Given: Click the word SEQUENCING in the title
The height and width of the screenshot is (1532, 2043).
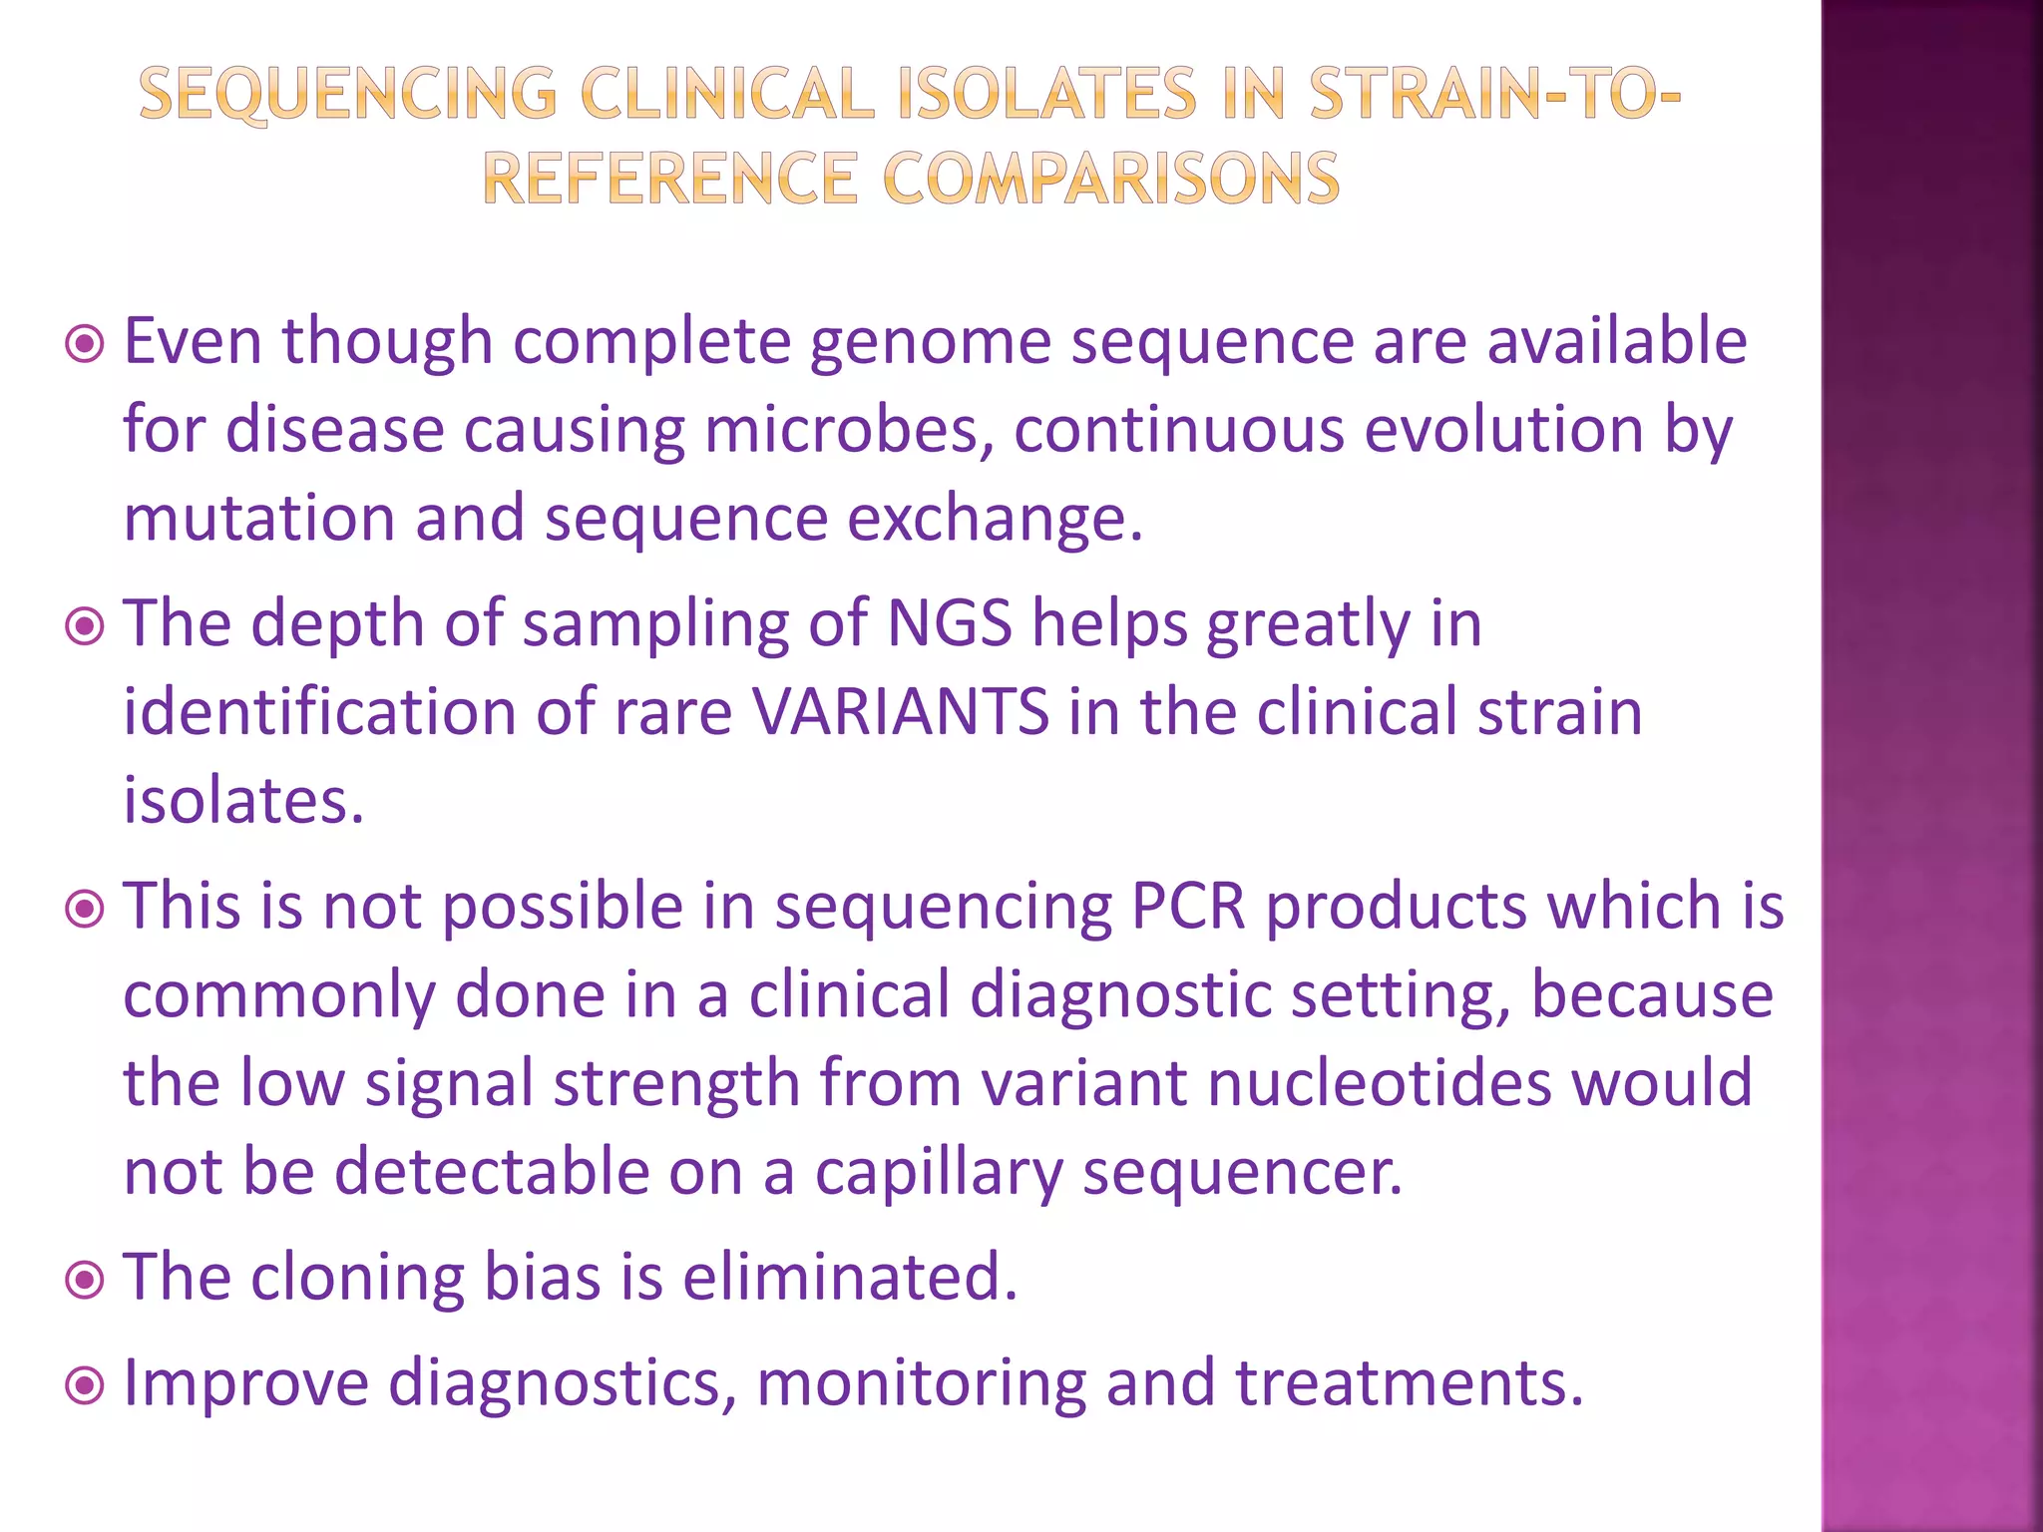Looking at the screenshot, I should click(347, 96).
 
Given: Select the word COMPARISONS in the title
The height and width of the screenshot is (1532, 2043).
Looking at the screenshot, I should click(1111, 180).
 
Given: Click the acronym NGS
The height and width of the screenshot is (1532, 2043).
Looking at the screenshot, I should click(949, 624).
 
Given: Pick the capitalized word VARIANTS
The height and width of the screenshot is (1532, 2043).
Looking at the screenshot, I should click(900, 712).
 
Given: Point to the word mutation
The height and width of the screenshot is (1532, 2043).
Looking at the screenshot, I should click(259, 519).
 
